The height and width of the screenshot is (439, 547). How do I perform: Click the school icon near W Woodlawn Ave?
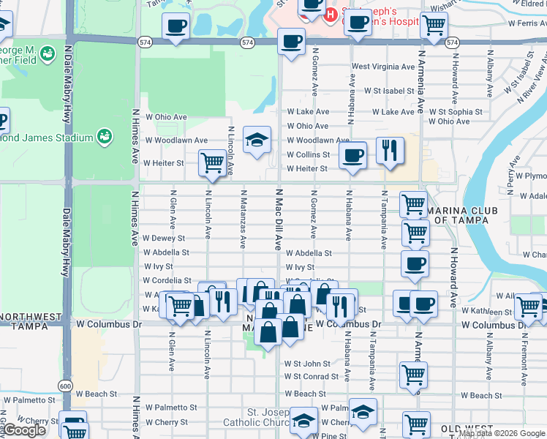[257, 140]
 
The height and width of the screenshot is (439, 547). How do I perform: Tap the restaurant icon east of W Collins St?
[390, 151]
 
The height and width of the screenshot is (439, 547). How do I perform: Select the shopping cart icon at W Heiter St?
[212, 162]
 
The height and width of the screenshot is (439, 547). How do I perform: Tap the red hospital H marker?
[331, 14]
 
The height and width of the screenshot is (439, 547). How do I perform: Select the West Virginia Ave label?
[383, 67]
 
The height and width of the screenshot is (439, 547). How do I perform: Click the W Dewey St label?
[164, 238]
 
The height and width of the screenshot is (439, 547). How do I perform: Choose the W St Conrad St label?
[312, 377]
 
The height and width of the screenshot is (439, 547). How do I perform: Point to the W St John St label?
[308, 363]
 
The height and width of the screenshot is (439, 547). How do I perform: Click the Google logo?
[23, 430]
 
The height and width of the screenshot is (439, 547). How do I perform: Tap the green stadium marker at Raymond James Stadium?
[105, 136]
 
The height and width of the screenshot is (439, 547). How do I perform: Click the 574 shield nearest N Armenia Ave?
[452, 43]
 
